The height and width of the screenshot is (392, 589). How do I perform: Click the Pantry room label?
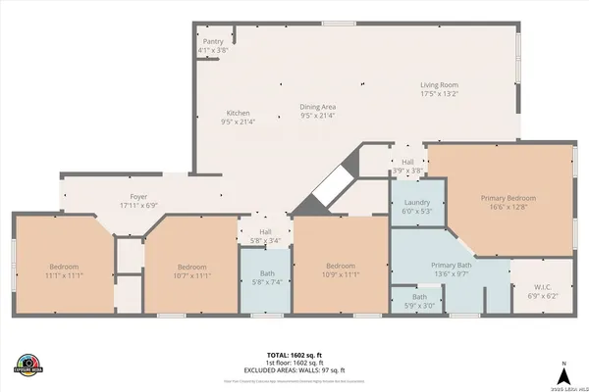[x=214, y=42]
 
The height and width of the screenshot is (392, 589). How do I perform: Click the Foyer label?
[x=138, y=196]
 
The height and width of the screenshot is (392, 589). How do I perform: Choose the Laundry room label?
[x=417, y=202]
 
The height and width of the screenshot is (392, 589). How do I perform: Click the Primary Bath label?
[x=452, y=267]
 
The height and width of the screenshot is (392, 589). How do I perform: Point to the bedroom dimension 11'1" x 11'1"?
[x=64, y=275]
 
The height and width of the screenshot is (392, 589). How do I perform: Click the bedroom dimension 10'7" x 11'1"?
[x=190, y=275]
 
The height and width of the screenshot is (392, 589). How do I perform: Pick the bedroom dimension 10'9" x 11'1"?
[x=340, y=274]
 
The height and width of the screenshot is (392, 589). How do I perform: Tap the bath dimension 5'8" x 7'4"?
[x=267, y=282]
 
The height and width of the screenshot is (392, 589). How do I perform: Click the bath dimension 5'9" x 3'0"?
[x=419, y=305]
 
